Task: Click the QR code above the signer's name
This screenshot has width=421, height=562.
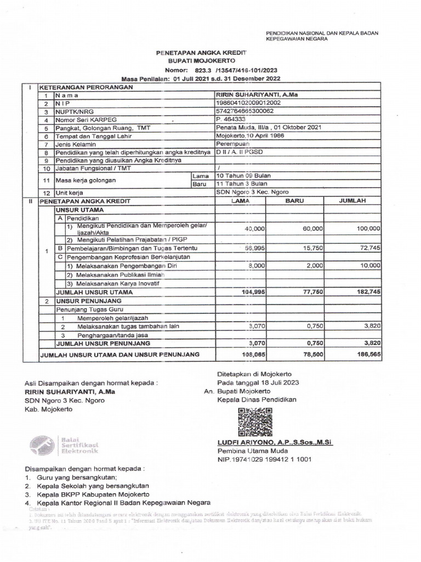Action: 255,422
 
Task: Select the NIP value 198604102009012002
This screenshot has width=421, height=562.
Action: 249,103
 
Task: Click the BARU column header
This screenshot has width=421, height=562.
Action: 294,201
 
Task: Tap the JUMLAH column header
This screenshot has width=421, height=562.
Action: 353,201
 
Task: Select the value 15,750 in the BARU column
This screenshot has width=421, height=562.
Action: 311,248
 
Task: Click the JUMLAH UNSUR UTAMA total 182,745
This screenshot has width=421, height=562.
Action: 366,293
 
